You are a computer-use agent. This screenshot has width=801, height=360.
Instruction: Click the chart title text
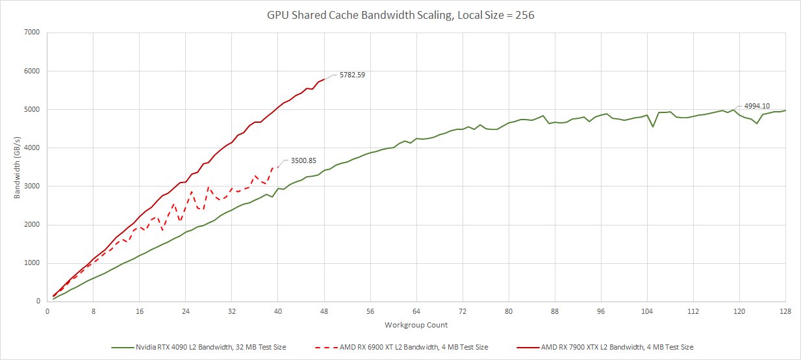pos(400,15)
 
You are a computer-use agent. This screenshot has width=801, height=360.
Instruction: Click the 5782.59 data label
pos(352,75)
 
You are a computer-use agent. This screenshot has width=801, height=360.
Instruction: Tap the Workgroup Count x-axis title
pos(416,325)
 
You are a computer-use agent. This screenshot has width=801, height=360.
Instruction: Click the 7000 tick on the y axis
pos(31,32)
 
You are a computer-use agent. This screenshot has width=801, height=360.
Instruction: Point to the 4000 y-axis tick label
pos(31,148)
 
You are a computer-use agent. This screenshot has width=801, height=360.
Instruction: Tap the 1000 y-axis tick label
pos(31,263)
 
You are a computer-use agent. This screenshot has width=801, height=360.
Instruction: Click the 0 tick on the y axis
pos(37,302)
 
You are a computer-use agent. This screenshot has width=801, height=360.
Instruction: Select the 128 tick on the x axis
pos(785,311)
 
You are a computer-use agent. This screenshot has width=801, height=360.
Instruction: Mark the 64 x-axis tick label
pos(416,311)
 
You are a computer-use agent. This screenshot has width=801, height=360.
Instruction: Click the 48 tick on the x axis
pos(324,311)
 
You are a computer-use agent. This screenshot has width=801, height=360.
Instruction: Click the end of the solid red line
pos(324,79)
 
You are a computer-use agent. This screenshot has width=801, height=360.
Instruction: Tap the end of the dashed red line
pos(278,167)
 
